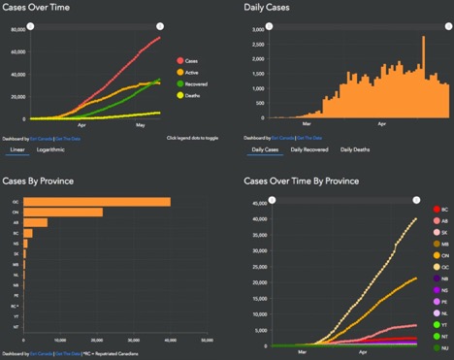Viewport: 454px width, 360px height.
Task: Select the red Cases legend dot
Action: [179, 59]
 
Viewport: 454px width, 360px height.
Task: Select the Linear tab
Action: [17, 150]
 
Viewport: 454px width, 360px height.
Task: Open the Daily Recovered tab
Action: [308, 149]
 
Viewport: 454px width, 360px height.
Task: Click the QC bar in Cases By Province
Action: [97, 202]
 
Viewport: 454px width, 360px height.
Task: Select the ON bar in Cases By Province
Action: [63, 213]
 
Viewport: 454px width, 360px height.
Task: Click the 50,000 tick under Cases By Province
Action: [208, 340]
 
